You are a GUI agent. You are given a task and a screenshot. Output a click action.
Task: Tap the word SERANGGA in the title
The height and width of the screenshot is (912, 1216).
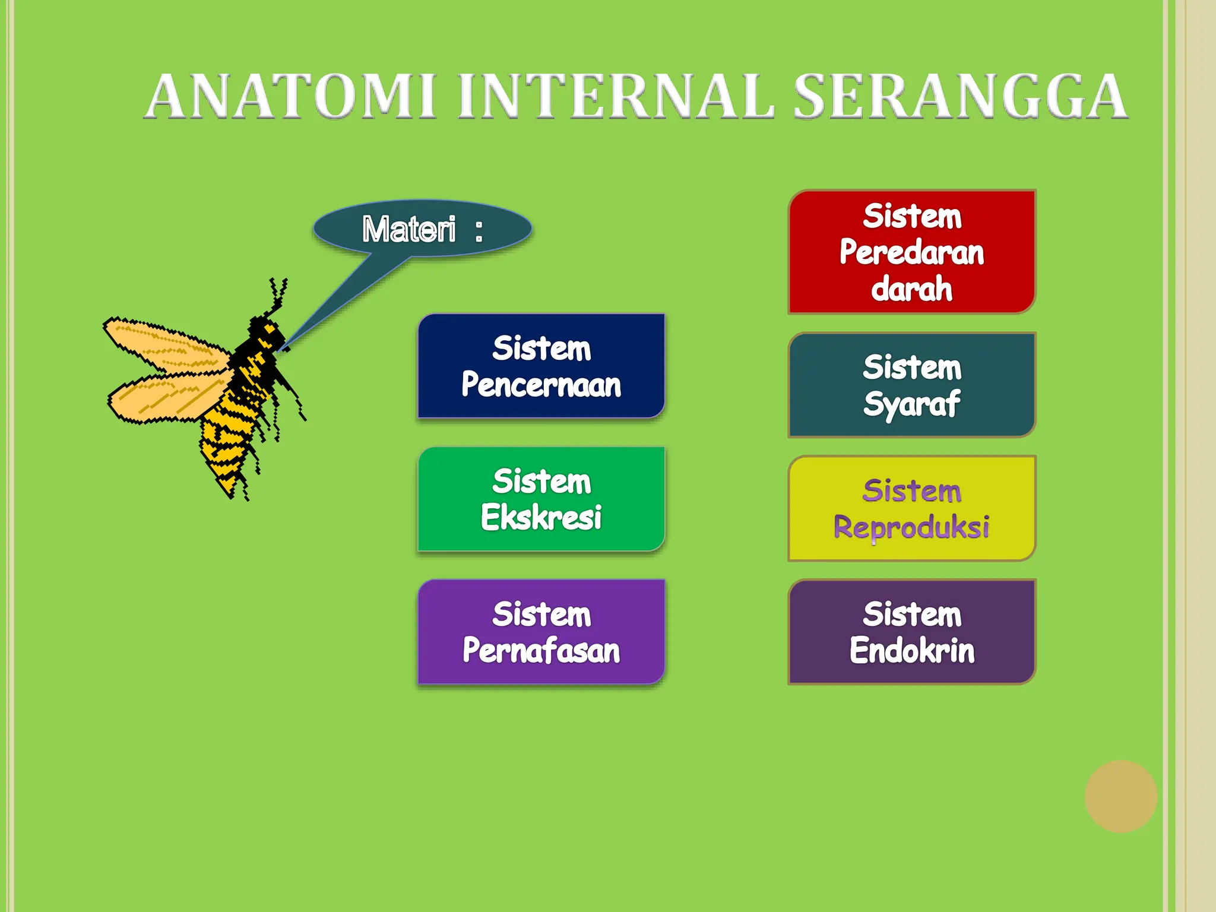pyautogui.click(x=960, y=96)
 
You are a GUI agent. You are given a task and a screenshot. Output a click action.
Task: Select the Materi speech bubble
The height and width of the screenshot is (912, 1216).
pyautogui.click(x=422, y=229)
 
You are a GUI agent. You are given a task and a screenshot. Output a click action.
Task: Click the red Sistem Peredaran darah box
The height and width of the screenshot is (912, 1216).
pyautogui.click(x=911, y=251)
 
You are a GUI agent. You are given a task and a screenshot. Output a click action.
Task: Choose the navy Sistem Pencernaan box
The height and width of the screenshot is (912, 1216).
pyautogui.click(x=541, y=366)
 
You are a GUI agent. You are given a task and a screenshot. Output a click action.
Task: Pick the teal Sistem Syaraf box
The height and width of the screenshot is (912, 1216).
pyautogui.click(x=911, y=385)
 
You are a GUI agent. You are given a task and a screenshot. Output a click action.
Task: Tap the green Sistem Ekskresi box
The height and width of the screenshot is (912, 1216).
pyautogui.click(x=541, y=499)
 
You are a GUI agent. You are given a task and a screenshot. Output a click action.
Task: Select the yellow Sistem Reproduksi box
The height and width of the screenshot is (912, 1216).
pyautogui.click(x=911, y=508)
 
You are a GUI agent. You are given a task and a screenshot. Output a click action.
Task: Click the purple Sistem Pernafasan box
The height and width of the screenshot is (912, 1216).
pyautogui.click(x=541, y=632)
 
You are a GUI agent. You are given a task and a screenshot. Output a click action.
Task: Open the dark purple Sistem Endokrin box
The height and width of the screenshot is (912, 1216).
pyautogui.click(x=911, y=632)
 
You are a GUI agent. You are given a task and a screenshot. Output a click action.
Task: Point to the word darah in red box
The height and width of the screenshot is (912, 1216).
pyautogui.click(x=911, y=289)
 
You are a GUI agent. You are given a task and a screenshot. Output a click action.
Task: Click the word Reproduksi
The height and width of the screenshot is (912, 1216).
pyautogui.click(x=911, y=527)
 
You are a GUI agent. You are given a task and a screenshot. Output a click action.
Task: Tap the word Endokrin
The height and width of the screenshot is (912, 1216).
pyautogui.click(x=911, y=651)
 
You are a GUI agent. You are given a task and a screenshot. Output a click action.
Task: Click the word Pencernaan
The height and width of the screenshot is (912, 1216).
pyautogui.click(x=541, y=385)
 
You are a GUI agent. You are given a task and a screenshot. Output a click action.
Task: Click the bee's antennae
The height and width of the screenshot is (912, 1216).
pyautogui.click(x=277, y=294)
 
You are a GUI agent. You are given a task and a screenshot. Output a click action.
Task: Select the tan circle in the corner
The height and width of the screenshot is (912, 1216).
pyautogui.click(x=1120, y=796)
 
